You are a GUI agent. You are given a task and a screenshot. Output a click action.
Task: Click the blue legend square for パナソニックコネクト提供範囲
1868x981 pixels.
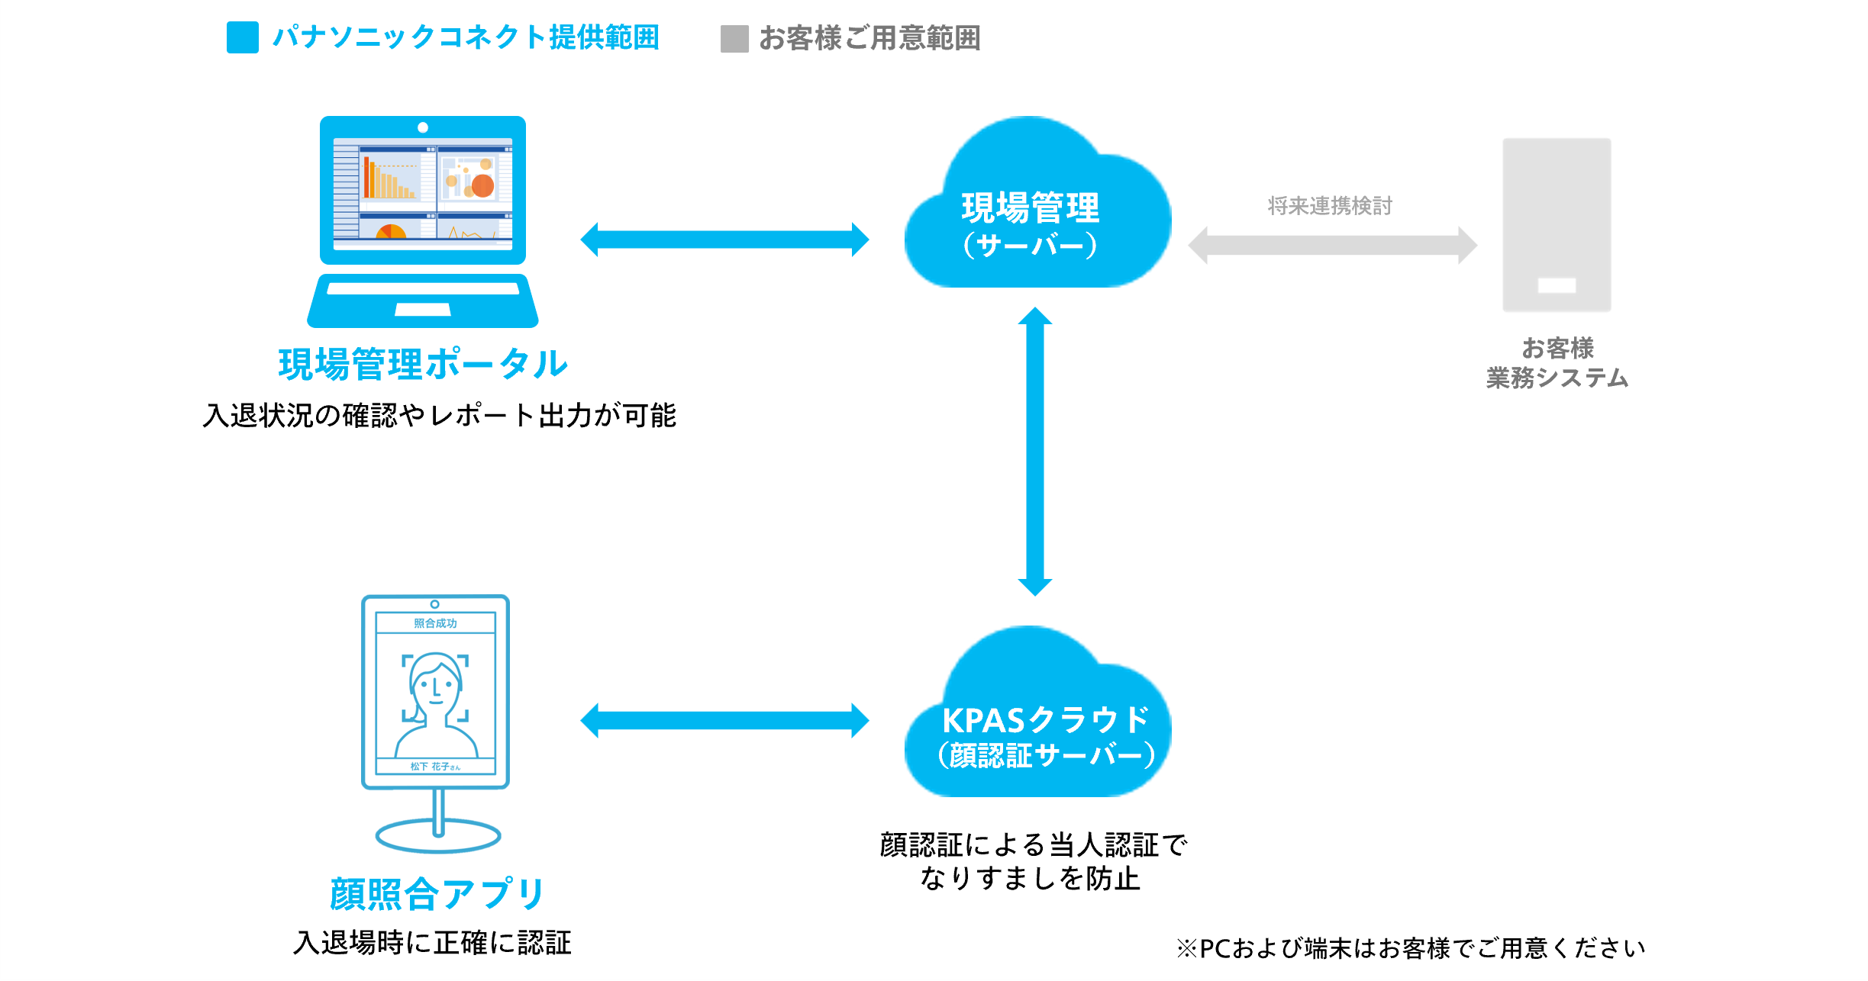coord(242,37)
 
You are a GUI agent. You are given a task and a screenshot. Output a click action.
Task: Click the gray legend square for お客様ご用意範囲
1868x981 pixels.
coord(734,39)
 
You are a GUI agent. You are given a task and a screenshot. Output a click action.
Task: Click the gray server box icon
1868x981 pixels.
coord(1557,224)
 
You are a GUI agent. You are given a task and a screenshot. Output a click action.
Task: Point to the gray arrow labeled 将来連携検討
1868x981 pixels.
coord(1332,246)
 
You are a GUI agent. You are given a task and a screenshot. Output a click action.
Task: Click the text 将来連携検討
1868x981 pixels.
coord(1330,206)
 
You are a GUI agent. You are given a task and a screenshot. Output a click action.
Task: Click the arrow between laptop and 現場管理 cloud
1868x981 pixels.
coord(724,240)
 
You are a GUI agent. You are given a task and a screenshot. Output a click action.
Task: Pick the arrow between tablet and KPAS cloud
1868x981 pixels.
coord(724,721)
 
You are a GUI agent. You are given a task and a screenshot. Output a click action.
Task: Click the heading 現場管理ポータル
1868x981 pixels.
coord(423,364)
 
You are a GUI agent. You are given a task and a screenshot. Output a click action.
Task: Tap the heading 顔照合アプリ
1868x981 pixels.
coord(437,894)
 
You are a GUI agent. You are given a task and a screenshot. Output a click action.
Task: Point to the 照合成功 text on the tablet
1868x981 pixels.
coord(435,623)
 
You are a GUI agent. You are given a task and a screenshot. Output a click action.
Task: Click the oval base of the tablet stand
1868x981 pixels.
coord(438,837)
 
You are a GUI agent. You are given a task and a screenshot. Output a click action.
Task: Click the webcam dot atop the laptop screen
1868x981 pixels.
coord(423,127)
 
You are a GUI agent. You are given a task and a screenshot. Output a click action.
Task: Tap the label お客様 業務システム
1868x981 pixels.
coord(1557,363)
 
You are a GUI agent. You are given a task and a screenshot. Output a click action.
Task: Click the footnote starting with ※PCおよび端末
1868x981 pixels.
coord(1411,948)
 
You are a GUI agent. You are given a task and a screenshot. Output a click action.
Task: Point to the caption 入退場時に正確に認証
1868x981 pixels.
coord(432,943)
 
